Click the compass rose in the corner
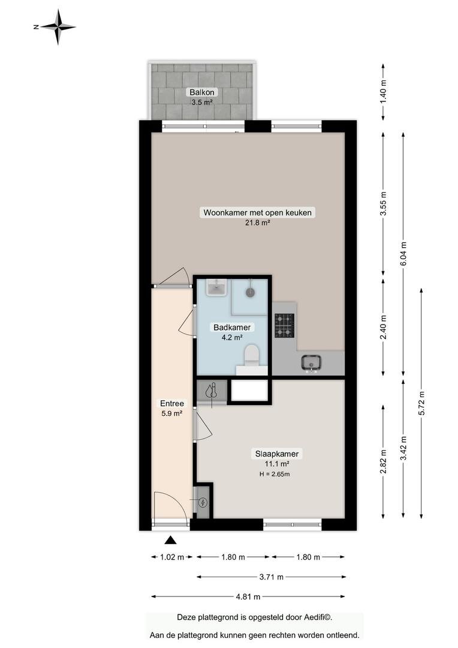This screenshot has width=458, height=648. pos(58,27)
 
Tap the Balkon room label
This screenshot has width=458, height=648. pos(202,92)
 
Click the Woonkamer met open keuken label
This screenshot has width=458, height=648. pos(257,213)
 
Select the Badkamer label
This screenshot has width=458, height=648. pos(231,328)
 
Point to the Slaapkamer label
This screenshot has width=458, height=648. pos(277,454)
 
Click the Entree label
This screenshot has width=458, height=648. pos(172,403)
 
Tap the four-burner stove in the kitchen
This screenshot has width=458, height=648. pos(285,326)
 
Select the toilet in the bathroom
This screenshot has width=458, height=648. pos(251,355)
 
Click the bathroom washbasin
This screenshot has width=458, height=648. pos(217,287)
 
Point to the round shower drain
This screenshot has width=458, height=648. pos(250,292)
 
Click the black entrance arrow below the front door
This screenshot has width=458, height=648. pos(171,540)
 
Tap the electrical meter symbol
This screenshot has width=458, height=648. pos(203,503)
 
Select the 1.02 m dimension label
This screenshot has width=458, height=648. pos(172,557)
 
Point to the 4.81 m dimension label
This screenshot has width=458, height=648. pos(248,597)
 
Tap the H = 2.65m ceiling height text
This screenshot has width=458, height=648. pos(275,474)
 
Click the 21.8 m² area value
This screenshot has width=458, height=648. pos(257,223)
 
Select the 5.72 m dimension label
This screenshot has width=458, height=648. pos(421,403)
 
